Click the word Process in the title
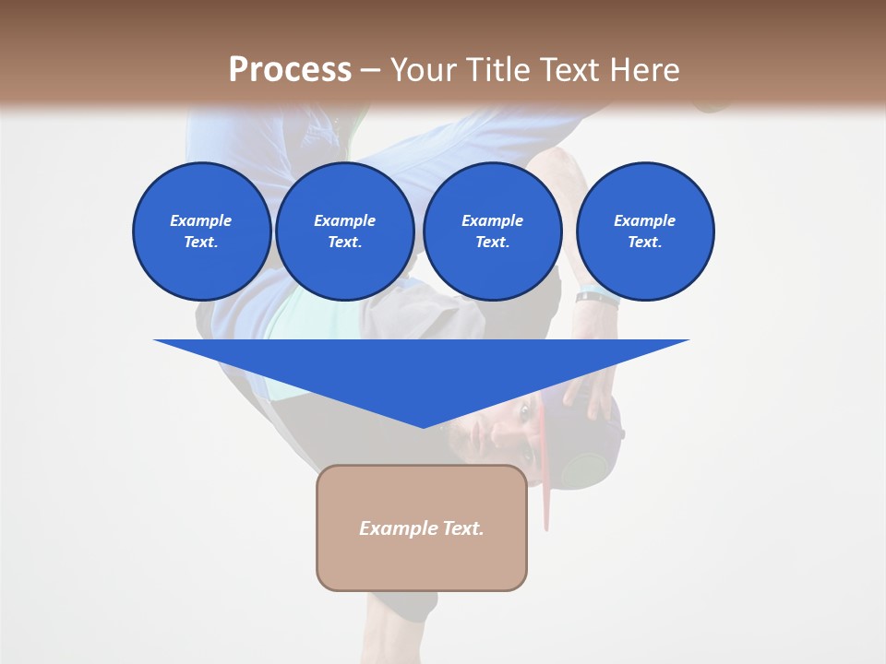coord(290,69)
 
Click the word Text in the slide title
coord(572,69)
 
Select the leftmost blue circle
coord(202,231)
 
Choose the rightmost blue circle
coord(645,231)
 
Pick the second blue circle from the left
coord(345,231)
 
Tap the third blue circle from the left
coord(493,231)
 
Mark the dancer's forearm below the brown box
coord(402,618)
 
